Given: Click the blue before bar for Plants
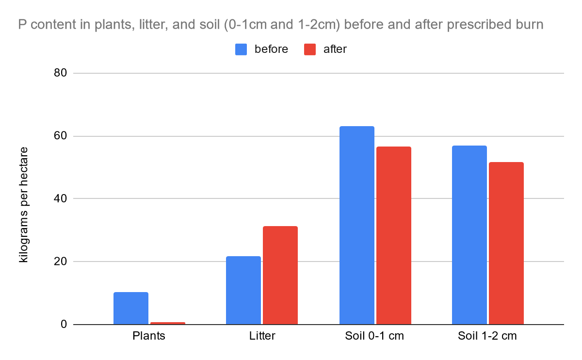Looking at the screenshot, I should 131,308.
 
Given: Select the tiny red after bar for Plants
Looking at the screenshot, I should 168,323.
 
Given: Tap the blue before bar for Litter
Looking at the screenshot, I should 243,290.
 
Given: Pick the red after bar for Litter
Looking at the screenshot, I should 280,275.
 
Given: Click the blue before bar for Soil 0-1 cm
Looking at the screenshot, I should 357,225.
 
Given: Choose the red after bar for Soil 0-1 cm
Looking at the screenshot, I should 394,235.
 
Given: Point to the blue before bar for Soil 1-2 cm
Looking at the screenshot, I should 469,235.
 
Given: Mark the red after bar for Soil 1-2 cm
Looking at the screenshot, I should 506,243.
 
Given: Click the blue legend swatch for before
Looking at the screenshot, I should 242,49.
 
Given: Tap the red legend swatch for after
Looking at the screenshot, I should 310,49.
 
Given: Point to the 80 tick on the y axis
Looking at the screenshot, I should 60,73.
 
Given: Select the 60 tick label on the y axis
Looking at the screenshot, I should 60,136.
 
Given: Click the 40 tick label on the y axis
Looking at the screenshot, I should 60,199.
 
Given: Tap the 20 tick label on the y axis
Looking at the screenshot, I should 60,262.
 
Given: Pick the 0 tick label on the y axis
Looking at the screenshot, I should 64,324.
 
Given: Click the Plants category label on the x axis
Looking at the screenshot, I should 149,336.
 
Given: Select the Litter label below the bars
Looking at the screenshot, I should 262,336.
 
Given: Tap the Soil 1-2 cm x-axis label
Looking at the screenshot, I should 487,336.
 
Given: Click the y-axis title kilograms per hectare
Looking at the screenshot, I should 24,204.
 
